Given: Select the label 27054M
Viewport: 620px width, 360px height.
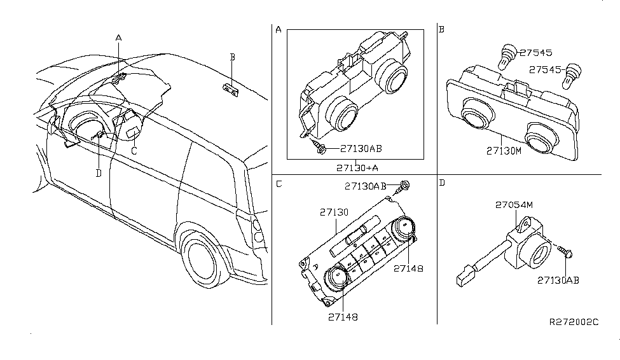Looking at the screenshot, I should coord(514,205).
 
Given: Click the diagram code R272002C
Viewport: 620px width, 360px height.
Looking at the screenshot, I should coord(574,322).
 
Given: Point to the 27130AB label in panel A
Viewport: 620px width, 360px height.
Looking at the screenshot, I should coord(361,149).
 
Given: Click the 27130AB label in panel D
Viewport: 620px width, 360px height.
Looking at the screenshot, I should coord(558,280).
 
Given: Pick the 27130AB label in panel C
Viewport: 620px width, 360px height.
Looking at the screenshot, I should coord(366,186).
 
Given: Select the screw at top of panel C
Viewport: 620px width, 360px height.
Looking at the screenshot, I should coord(404,186).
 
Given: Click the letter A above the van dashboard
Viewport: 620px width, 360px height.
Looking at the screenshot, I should coord(118,38).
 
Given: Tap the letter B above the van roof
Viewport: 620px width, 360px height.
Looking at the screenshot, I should coord(232,57).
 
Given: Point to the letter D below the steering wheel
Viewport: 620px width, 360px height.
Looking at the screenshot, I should coord(99,172).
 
